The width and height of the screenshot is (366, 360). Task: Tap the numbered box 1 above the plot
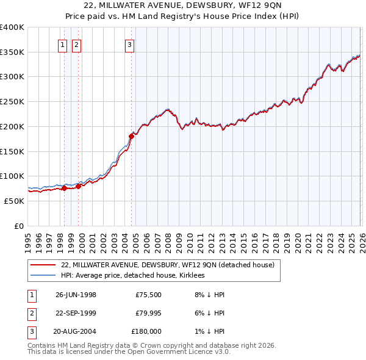coord(63,43)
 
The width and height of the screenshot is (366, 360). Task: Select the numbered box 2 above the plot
coord(76,43)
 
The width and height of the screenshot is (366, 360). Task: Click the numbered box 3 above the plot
coord(130,43)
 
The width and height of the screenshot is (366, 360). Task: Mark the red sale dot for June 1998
coord(64,188)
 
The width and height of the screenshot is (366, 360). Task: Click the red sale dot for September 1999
coord(78,186)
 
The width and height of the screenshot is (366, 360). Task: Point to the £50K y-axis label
coord(15,201)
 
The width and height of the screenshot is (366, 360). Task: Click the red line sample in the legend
coord(43,265)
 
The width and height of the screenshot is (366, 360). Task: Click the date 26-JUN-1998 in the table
coord(76,295)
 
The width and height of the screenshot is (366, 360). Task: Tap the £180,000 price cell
coord(146,331)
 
